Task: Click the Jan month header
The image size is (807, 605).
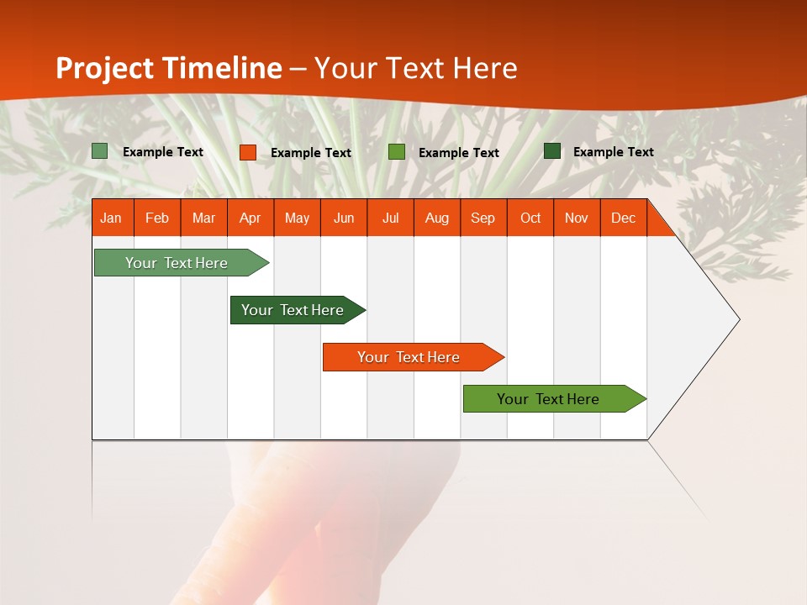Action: point(111,218)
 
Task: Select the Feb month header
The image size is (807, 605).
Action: point(157,218)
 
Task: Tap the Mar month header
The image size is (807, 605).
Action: point(203,218)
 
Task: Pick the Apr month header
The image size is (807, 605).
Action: point(251,218)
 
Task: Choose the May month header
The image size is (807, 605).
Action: point(297,218)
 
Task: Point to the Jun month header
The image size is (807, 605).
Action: point(344,218)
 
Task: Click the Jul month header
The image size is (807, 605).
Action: point(390,218)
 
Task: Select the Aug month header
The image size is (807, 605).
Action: point(437,218)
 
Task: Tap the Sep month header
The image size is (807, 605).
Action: point(483,218)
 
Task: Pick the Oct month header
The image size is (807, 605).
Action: point(530,218)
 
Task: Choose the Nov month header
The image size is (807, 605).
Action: point(577,218)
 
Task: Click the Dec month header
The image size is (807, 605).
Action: point(624,218)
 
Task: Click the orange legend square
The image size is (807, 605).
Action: point(247,152)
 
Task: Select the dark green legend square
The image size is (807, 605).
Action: point(552,151)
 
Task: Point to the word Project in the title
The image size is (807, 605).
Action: point(105,68)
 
